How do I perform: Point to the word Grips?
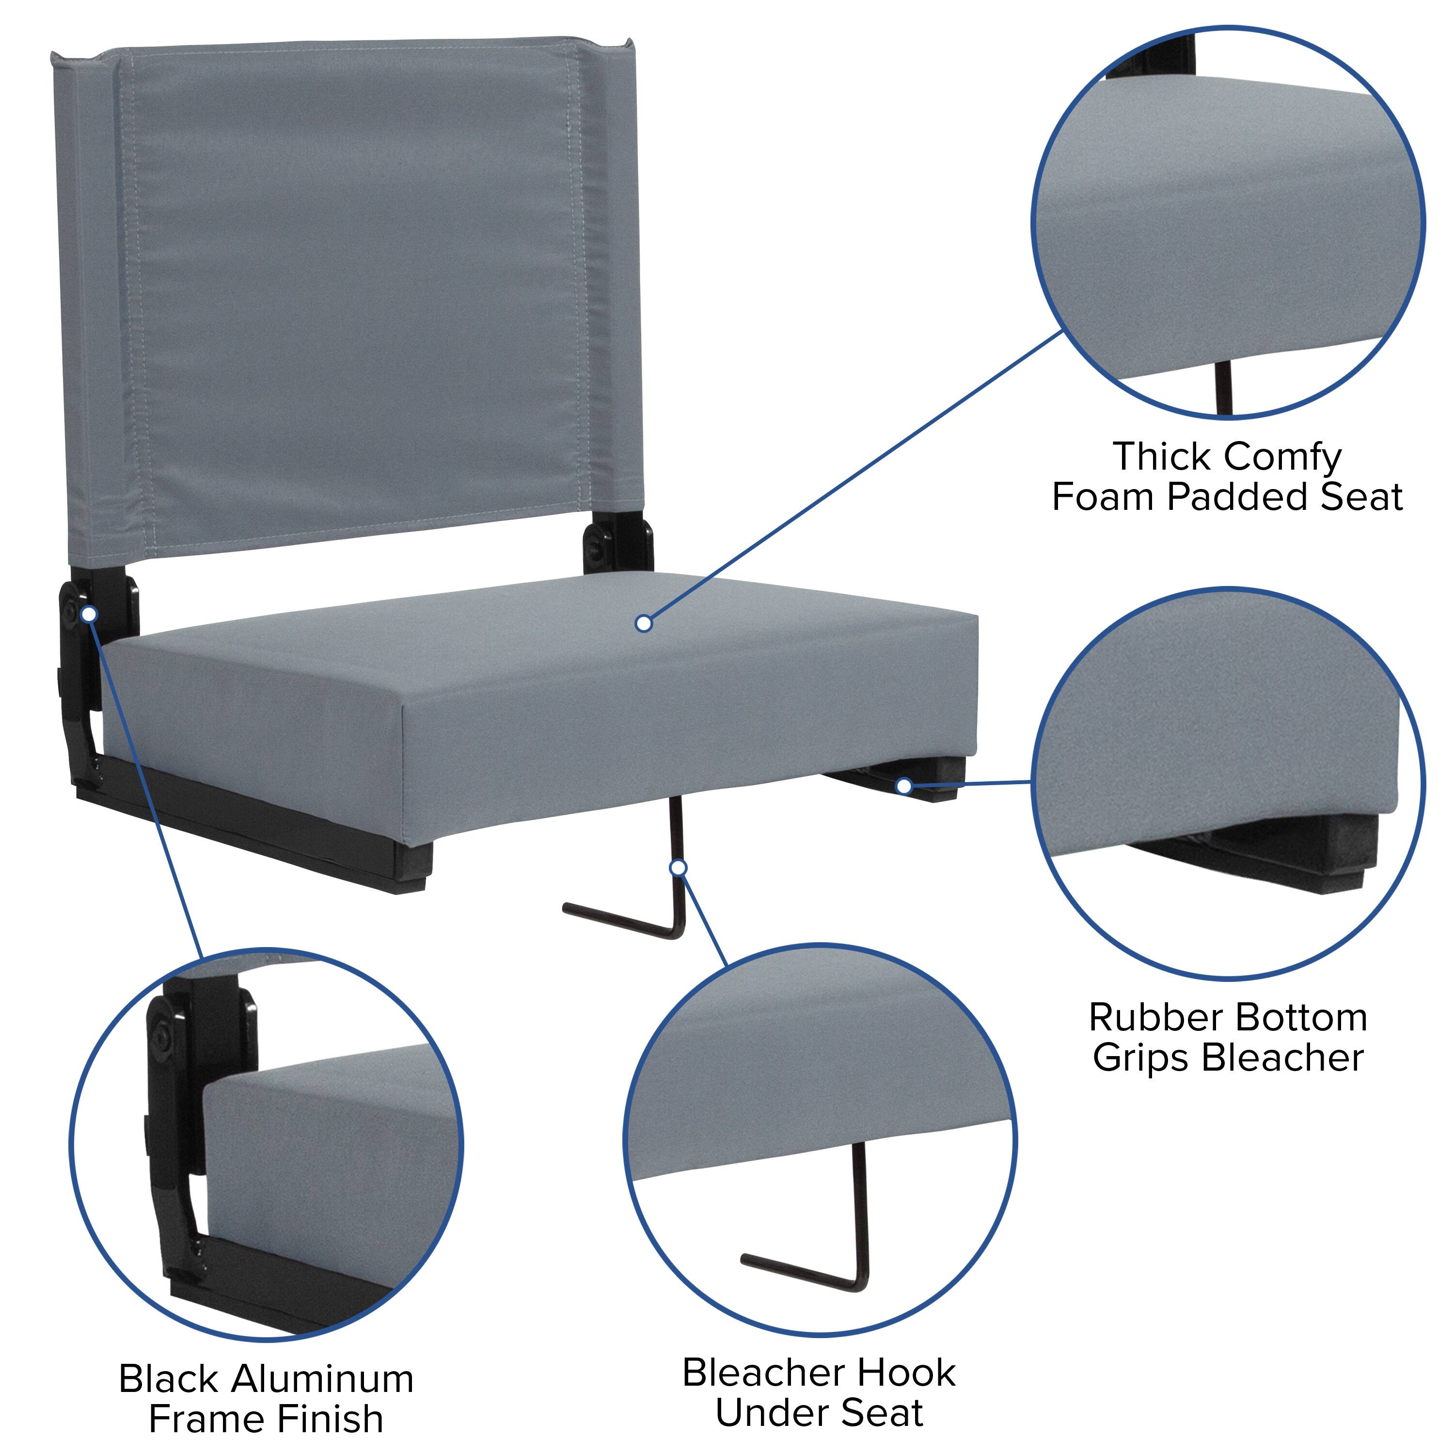(x=1142, y=1058)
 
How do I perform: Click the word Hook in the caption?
(x=908, y=1373)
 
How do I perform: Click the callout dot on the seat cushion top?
(x=644, y=623)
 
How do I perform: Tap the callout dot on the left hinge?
(x=89, y=614)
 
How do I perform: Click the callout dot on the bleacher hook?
(x=678, y=868)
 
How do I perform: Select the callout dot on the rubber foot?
(x=904, y=787)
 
